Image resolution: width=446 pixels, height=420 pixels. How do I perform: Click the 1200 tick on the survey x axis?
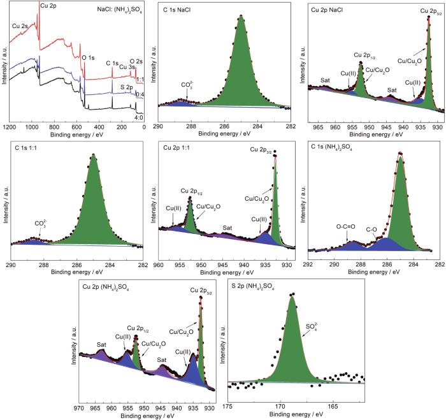coord(10,127)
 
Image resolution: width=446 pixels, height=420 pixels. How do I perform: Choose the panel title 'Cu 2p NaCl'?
coord(332,10)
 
